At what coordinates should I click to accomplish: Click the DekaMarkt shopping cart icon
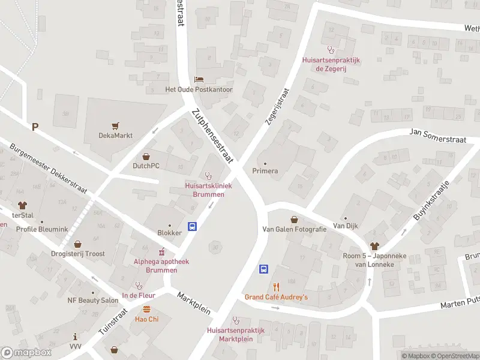click(x=115, y=126)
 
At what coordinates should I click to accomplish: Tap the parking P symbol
click(x=35, y=126)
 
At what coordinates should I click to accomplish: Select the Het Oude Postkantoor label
click(x=199, y=89)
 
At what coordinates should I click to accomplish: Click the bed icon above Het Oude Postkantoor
click(x=199, y=80)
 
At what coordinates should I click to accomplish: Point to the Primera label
click(x=265, y=171)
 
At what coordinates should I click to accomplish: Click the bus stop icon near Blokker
click(x=193, y=226)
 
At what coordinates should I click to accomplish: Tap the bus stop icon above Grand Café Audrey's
click(x=263, y=269)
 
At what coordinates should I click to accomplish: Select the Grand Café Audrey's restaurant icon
click(x=276, y=287)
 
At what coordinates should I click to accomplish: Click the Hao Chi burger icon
click(x=146, y=309)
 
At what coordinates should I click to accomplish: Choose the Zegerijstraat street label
click(x=277, y=107)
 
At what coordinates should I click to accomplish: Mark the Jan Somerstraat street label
click(x=437, y=135)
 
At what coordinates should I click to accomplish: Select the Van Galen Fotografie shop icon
click(x=294, y=220)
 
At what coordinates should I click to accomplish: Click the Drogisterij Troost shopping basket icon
click(x=77, y=244)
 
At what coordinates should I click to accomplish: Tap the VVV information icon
click(x=74, y=337)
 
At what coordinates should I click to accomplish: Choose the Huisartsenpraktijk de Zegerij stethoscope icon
click(x=329, y=50)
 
